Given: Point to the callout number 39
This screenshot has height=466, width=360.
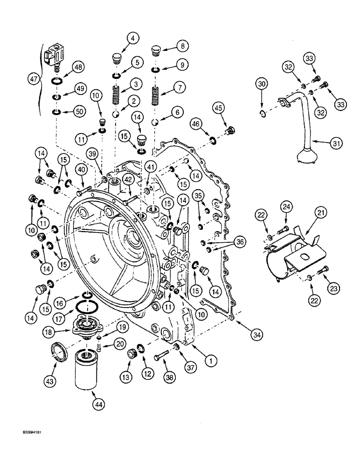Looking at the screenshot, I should pyautogui.click(x=92, y=154).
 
